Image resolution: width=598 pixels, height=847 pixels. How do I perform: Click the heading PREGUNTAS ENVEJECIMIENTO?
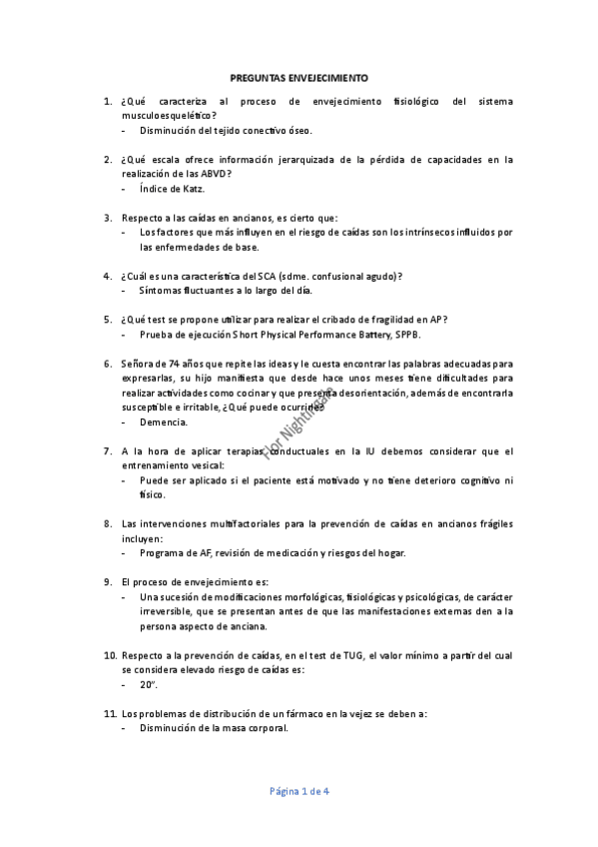point(299,76)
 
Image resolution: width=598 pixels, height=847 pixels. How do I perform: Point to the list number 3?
point(107,218)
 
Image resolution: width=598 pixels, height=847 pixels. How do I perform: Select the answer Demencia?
point(164,423)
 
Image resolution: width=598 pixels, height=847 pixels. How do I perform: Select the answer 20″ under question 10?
point(149,685)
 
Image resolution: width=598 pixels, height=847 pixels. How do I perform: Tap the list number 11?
point(109,714)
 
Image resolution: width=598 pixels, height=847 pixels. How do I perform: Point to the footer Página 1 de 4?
point(299,792)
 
